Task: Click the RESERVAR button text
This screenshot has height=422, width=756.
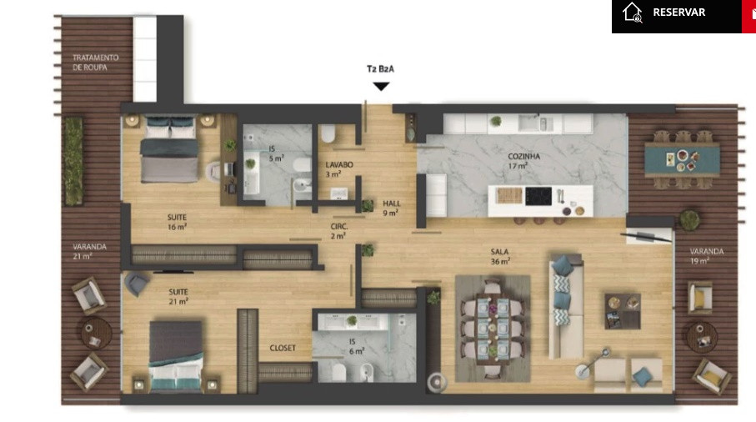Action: coord(678,12)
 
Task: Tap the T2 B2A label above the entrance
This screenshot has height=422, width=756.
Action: coord(380,69)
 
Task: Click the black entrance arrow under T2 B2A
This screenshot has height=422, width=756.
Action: coord(381,87)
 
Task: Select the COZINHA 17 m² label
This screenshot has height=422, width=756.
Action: coord(523,161)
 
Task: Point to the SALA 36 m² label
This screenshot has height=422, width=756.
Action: coord(500,257)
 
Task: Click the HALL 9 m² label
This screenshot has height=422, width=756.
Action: coord(391,208)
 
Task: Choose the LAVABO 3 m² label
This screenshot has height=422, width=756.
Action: coord(339,169)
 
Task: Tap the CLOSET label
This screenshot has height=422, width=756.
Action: coord(283,348)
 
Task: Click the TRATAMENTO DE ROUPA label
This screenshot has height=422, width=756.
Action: coord(96,63)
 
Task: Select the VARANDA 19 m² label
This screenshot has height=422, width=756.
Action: coord(706,256)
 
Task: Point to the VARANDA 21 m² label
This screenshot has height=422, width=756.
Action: coord(89,251)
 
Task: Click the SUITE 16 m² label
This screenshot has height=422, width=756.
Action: coord(177,222)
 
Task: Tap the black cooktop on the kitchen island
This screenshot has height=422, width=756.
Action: coord(538,196)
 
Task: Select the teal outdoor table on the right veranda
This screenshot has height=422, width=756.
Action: coord(682,159)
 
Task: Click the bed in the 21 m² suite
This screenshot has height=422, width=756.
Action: coord(176,356)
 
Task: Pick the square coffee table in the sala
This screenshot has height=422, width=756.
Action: coord(623,311)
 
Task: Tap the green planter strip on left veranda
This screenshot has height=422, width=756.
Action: coord(74,161)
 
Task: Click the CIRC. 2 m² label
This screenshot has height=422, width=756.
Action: coord(339,231)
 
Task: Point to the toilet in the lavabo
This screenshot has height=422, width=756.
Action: coord(328,133)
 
